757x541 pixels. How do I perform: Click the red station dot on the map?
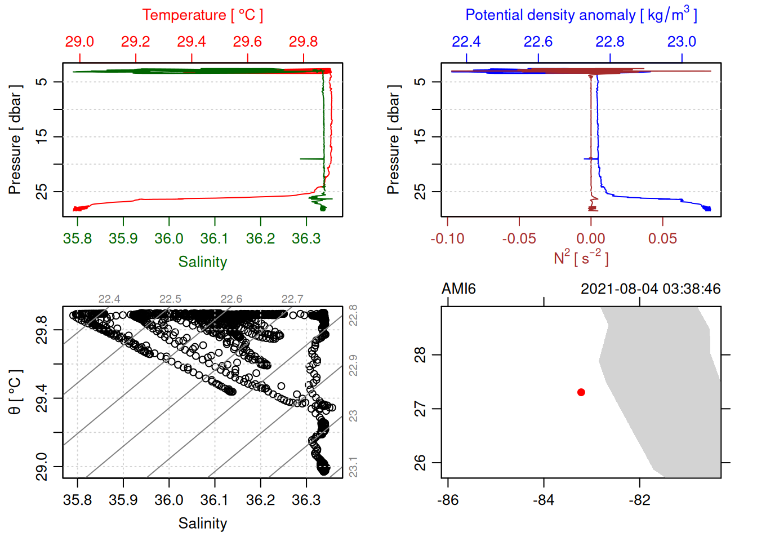pyautogui.click(x=581, y=392)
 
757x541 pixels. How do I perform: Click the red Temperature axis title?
pyautogui.click(x=202, y=15)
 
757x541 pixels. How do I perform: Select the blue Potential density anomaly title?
pyautogui.click(x=581, y=15)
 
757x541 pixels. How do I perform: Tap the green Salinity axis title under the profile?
pyautogui.click(x=202, y=262)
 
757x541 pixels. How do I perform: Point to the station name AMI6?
pyautogui.click(x=458, y=289)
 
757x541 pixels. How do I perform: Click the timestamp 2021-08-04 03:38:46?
pyautogui.click(x=650, y=289)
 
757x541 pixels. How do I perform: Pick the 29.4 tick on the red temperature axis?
pyautogui.click(x=192, y=42)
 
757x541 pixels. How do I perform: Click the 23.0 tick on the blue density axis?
pyautogui.click(x=682, y=42)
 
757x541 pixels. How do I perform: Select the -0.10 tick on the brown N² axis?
pyautogui.click(x=448, y=239)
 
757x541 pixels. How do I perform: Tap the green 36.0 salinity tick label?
pyautogui.click(x=169, y=239)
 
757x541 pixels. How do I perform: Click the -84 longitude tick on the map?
pyautogui.click(x=544, y=500)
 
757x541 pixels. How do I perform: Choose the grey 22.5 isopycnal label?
pyautogui.click(x=170, y=299)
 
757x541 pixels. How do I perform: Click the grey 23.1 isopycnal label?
pyautogui.click(x=353, y=467)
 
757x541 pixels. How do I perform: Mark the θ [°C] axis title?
pyautogui.click(x=15, y=392)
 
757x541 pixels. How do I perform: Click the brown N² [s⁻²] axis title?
pyautogui.click(x=581, y=258)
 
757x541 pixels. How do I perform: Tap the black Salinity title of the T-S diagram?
pyautogui.click(x=202, y=524)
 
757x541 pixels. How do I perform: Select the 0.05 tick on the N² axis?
pyautogui.click(x=662, y=239)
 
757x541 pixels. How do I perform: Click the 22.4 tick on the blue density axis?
pyautogui.click(x=466, y=42)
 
